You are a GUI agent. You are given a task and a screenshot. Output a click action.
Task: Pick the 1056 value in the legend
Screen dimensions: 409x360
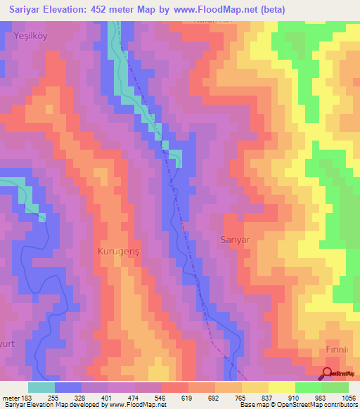(x=348, y=396)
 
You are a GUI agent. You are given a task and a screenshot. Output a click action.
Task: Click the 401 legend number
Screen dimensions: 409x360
(x=108, y=396)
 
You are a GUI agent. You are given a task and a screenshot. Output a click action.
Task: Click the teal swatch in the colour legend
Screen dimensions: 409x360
(x=41, y=387)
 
